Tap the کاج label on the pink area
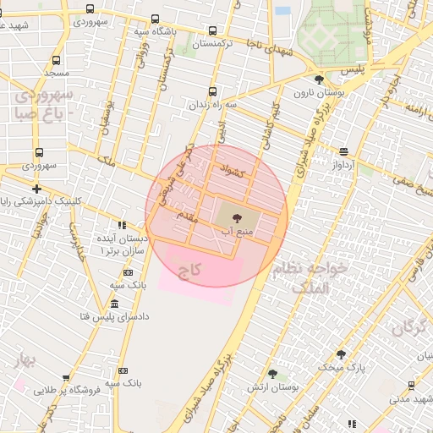click(x=189, y=271)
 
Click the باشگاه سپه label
click(x=153, y=31)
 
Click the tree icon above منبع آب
click(x=235, y=218)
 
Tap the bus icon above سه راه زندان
click(x=211, y=92)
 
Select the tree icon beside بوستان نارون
click(x=318, y=80)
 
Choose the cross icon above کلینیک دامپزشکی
click(x=36, y=189)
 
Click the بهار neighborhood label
click(x=22, y=362)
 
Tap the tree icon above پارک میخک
click(x=341, y=355)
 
